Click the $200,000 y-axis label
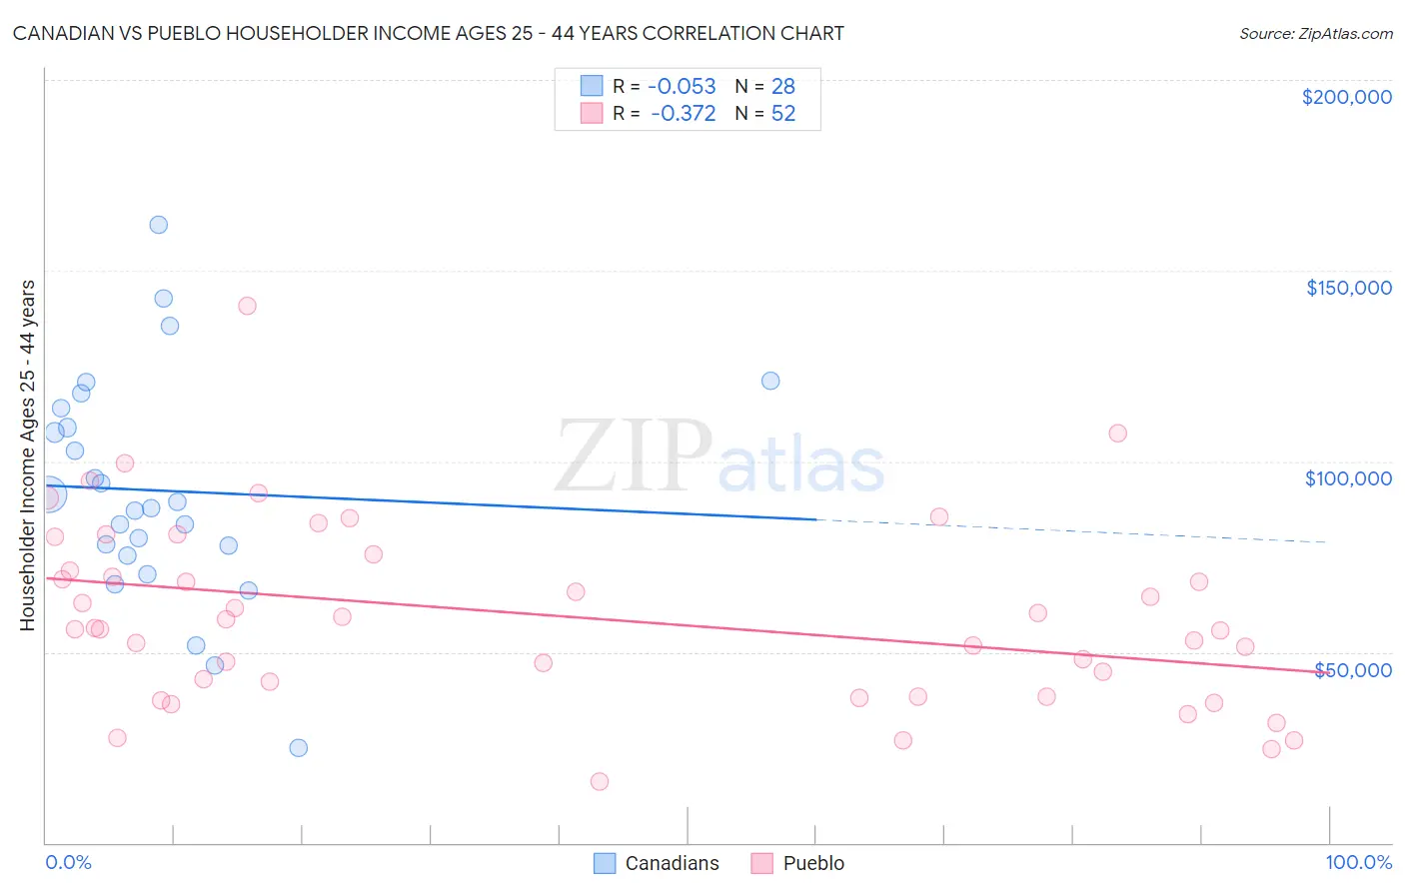[1346, 97]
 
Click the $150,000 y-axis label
[1348, 288]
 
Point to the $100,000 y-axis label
[1348, 478]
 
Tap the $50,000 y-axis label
[1352, 669]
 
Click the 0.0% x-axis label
[68, 862]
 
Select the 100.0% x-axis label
[1358, 862]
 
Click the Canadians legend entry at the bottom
[672, 863]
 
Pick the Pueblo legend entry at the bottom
[813, 863]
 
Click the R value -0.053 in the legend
[682, 87]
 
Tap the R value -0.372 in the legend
[683, 114]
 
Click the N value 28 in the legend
[783, 87]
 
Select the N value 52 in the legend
[783, 114]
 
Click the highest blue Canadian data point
[158, 225]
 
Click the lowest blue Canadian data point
[298, 747]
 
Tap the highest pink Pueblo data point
[247, 306]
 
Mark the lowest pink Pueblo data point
[600, 781]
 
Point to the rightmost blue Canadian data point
[770, 381]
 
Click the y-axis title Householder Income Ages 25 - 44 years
[28, 455]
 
